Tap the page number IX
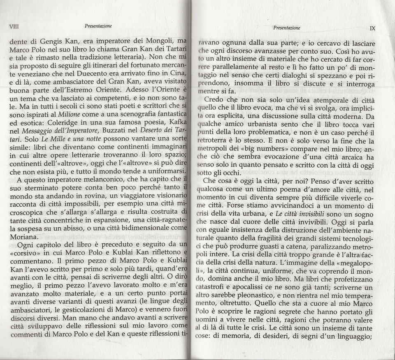click(x=372, y=29)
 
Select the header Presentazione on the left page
click(x=98, y=25)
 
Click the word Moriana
click(x=24, y=237)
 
